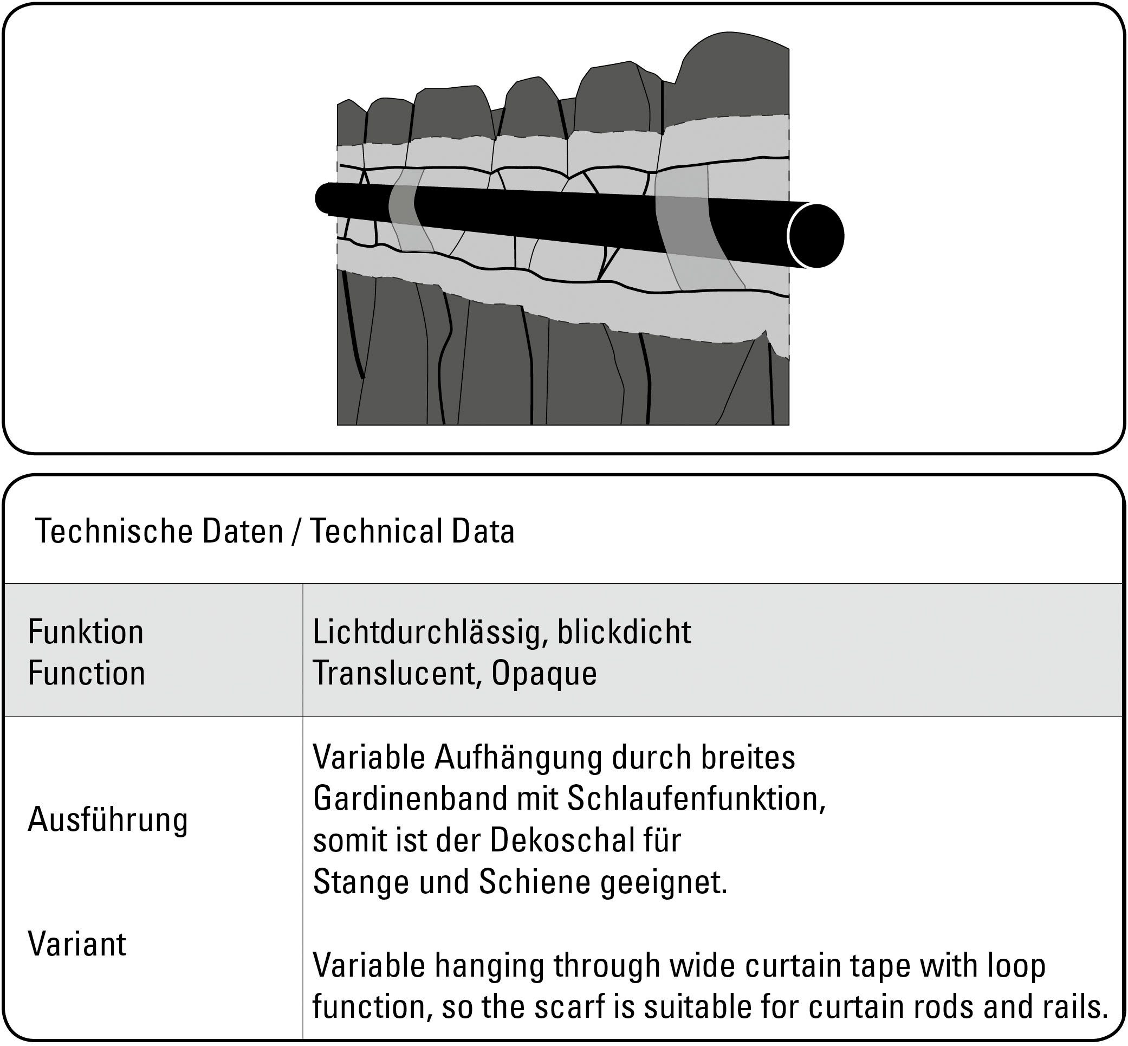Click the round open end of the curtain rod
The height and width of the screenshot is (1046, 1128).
(816, 235)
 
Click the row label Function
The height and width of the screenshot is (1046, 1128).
(87, 674)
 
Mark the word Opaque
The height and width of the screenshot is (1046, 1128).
(544, 674)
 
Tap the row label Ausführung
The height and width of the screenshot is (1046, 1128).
(107, 819)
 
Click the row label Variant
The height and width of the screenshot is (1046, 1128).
(77, 944)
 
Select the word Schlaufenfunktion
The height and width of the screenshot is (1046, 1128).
(696, 799)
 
